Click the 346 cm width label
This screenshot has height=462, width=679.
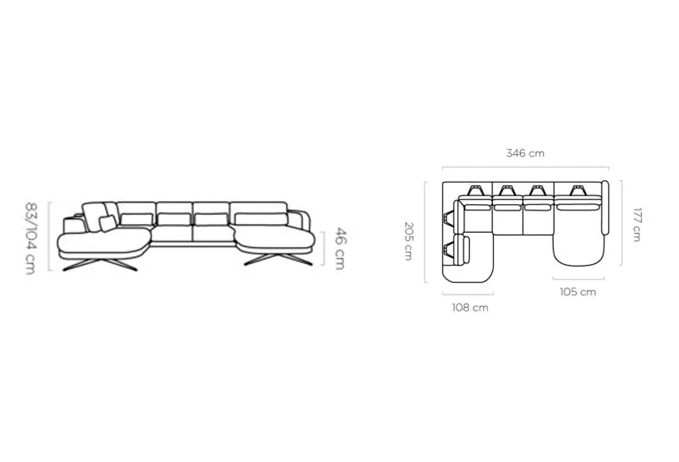tap(525, 153)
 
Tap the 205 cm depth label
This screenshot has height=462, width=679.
tap(409, 241)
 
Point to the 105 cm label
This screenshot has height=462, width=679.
tap(578, 292)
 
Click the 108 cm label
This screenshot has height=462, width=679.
tap(470, 307)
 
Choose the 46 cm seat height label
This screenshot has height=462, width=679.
tap(340, 248)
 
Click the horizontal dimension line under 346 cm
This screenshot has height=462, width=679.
tap(526, 167)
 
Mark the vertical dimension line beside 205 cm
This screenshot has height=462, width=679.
tap(425, 232)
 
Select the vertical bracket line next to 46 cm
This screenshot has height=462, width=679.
tap(323, 249)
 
